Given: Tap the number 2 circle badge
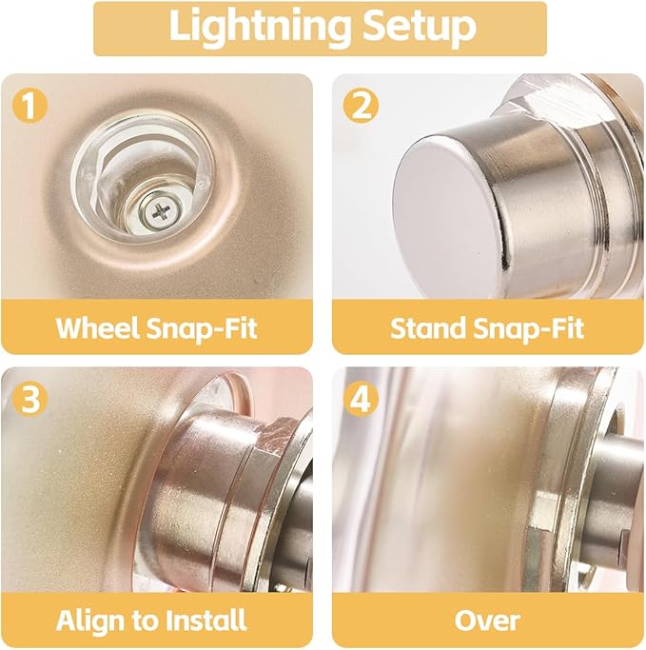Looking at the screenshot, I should tap(361, 105).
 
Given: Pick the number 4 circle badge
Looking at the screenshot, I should tap(361, 398).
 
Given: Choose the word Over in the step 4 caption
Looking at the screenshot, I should tap(487, 621).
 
